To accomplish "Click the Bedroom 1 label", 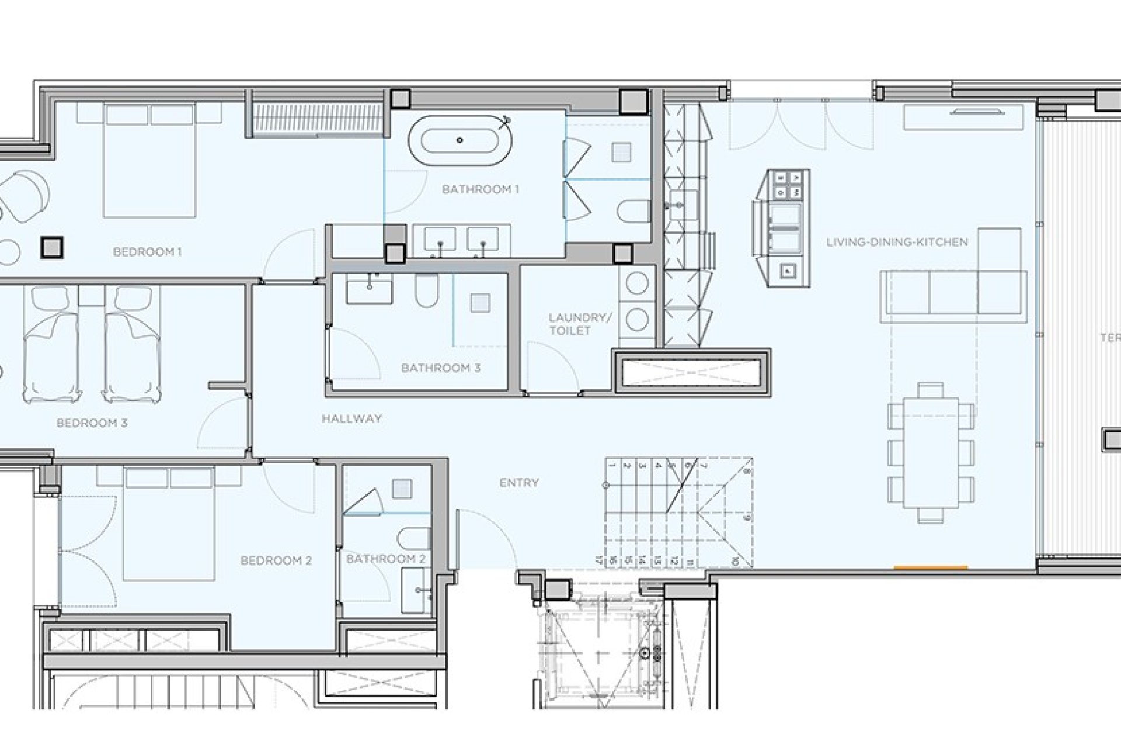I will click(147, 252).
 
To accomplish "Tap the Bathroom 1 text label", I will click(480, 189).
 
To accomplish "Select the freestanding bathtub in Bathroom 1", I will click(460, 140).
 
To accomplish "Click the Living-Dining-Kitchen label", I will click(897, 242).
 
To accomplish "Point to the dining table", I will click(931, 452).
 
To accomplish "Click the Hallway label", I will click(351, 418).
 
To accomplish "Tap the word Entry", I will click(519, 483).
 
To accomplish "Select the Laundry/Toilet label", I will click(579, 324).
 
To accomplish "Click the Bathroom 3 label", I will click(440, 368).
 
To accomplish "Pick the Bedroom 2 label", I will click(276, 560).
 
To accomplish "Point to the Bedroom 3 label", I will click(92, 423).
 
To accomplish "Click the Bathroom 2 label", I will click(385, 559).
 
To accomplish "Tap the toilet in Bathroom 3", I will click(427, 291).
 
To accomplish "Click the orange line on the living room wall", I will click(931, 567).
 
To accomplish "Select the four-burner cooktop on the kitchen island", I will click(788, 184).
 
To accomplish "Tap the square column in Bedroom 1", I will click(52, 248).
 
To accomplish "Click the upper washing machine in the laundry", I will click(637, 283).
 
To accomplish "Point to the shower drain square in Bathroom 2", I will click(402, 489).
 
